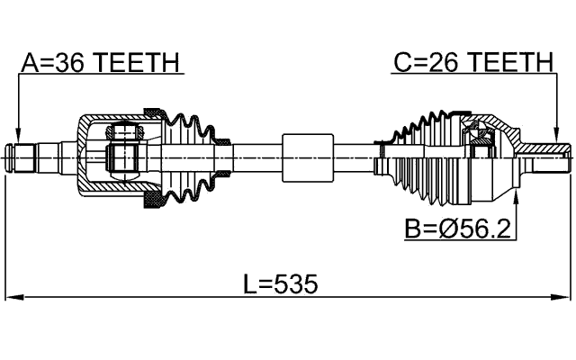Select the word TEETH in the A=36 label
click(138, 62)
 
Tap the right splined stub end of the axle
click(551, 157)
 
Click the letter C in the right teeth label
click(401, 62)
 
